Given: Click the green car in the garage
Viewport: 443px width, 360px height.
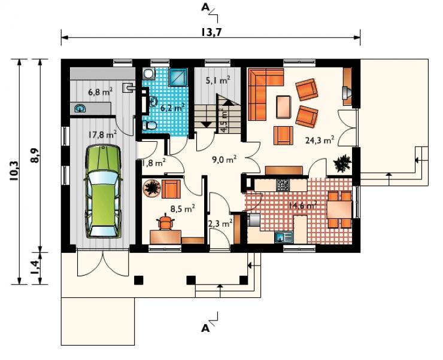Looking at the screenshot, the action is (104, 191).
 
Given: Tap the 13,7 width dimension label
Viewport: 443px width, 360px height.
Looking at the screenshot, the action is (211, 32).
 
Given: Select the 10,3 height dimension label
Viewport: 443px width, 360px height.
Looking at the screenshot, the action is (15, 171).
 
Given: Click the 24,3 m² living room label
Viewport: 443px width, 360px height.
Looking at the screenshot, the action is (320, 140).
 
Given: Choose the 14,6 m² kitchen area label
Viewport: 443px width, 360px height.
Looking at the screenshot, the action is (302, 205).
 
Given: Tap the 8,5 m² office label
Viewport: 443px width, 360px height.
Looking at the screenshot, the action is (183, 209).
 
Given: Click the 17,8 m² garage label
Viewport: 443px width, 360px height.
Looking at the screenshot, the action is (102, 135).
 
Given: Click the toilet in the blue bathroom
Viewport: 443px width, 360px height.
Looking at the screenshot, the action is (150, 125).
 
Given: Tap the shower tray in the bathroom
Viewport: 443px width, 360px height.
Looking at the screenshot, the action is (178, 77).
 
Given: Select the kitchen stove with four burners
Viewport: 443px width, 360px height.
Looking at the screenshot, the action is (283, 185).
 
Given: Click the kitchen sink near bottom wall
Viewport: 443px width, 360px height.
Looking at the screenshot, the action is (284, 237).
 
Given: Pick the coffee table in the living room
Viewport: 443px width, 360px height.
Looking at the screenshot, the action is (283, 107).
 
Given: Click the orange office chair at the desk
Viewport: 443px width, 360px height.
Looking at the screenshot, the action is (166, 222).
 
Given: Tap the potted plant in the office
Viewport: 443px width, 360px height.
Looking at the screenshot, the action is (152, 188).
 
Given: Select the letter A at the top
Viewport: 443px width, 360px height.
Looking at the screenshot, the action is (205, 7).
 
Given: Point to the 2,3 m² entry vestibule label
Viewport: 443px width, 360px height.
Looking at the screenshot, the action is (220, 224).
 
